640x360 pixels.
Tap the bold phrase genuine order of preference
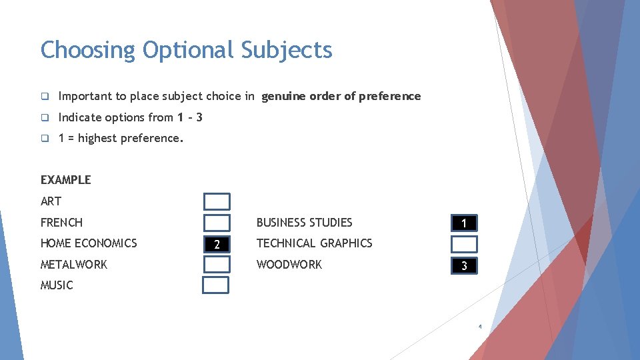(341, 96)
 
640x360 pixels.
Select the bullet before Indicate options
(45, 118)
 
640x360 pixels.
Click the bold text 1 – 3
(190, 117)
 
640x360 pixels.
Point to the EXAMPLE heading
(65, 179)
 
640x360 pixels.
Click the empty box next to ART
(217, 201)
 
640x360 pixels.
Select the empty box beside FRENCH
(217, 223)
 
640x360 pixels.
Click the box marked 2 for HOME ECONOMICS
(217, 244)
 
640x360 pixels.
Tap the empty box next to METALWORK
(217, 265)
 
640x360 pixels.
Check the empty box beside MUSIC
(216, 285)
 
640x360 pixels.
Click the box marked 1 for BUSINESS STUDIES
(464, 223)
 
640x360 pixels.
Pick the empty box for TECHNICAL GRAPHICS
(464, 244)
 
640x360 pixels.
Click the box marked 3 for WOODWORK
(464, 266)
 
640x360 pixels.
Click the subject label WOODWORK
(289, 265)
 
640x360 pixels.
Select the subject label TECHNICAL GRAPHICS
(314, 243)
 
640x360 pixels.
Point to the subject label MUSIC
(57, 285)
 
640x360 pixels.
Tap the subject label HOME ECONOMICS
(89, 243)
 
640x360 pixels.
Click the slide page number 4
(479, 327)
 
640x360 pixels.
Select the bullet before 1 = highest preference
(45, 139)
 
